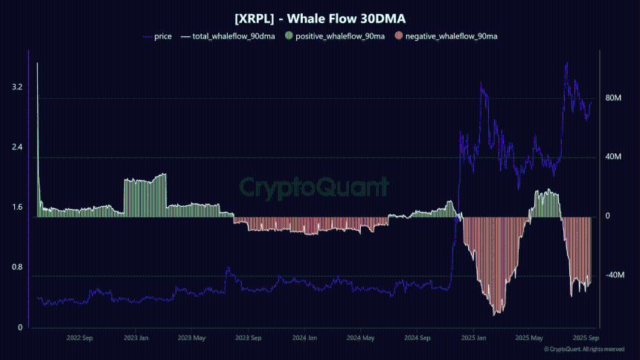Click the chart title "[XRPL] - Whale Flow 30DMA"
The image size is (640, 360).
click(x=319, y=18)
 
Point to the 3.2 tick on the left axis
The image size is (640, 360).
click(x=17, y=87)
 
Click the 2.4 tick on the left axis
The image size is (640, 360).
click(x=17, y=147)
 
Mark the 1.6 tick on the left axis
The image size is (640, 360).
click(x=17, y=208)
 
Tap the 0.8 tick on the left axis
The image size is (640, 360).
click(x=17, y=268)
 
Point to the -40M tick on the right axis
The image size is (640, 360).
click(x=614, y=276)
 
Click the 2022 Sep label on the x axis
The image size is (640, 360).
click(x=80, y=338)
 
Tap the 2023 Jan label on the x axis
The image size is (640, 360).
click(x=136, y=338)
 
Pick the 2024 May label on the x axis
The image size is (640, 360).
click(x=360, y=338)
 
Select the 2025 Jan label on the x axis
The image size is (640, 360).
click(x=473, y=338)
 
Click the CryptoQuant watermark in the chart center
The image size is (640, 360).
click(x=313, y=187)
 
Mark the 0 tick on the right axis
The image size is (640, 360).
click(x=607, y=216)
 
